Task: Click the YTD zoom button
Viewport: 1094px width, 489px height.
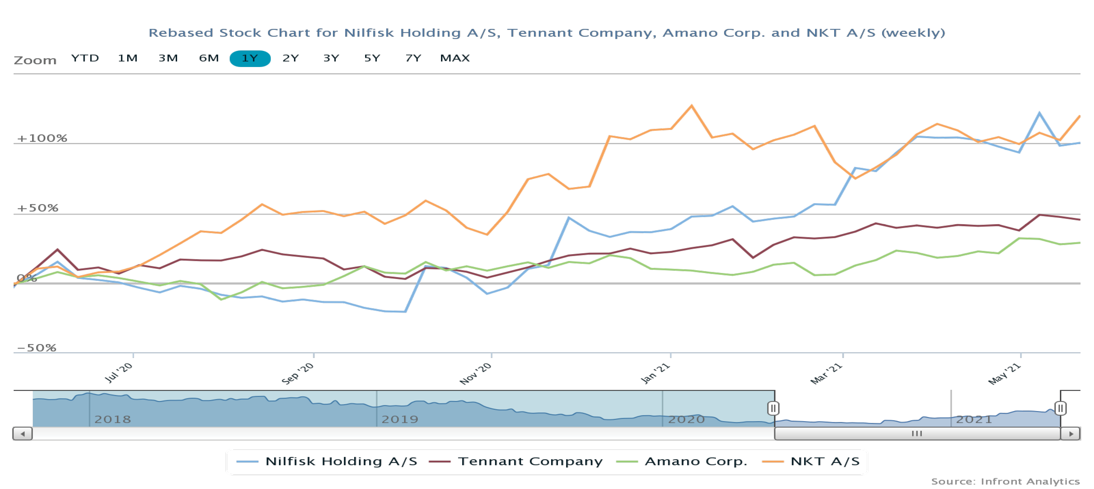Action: tap(85, 58)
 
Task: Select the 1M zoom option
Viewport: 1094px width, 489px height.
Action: tap(127, 58)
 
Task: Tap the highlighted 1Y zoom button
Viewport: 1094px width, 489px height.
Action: tap(250, 58)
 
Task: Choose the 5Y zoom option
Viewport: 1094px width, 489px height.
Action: tap(372, 58)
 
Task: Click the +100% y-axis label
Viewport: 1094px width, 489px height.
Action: tap(42, 138)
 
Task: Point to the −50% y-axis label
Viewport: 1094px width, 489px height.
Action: tap(37, 348)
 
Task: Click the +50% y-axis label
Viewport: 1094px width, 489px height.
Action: tap(37, 208)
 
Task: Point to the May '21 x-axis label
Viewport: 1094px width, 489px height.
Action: tap(1004, 373)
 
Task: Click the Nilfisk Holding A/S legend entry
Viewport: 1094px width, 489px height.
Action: tap(327, 461)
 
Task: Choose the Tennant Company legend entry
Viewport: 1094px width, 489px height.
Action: tap(516, 461)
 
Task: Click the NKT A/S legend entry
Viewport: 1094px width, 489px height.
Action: tap(811, 461)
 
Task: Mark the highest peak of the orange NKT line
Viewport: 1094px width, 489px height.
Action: tap(691, 105)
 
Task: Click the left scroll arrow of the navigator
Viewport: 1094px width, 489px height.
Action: tap(23, 434)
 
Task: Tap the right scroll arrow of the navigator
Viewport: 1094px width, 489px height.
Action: tap(1071, 434)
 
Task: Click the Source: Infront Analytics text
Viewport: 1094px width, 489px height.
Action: tap(1005, 481)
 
